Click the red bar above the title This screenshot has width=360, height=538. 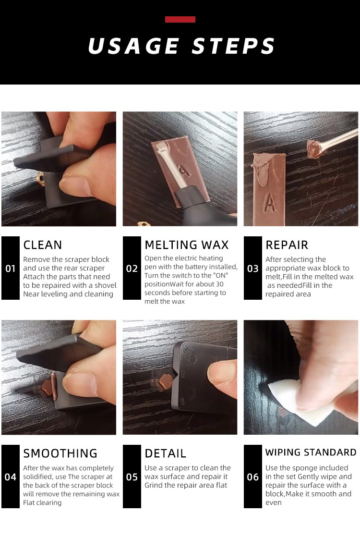[x=180, y=20]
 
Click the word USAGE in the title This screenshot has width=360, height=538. [x=134, y=46]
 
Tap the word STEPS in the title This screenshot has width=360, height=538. [x=233, y=46]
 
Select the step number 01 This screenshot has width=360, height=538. [x=10, y=269]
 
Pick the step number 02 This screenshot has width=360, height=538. [x=132, y=269]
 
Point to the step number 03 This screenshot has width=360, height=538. [x=252, y=269]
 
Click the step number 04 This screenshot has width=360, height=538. [x=10, y=477]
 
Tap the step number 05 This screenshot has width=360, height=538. [x=132, y=477]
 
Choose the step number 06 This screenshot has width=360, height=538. [x=252, y=477]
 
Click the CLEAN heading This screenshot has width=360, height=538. [x=43, y=245]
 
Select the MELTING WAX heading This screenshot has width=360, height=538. [x=187, y=245]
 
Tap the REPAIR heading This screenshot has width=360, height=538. [x=287, y=245]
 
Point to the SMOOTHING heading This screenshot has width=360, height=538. [x=60, y=453]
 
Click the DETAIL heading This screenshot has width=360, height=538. [x=165, y=453]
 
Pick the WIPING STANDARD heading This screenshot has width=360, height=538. [x=311, y=452]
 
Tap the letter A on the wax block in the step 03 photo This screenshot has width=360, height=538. [x=270, y=203]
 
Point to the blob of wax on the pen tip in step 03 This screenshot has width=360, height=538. [x=315, y=148]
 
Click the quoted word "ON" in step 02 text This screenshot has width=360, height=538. [x=220, y=276]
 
